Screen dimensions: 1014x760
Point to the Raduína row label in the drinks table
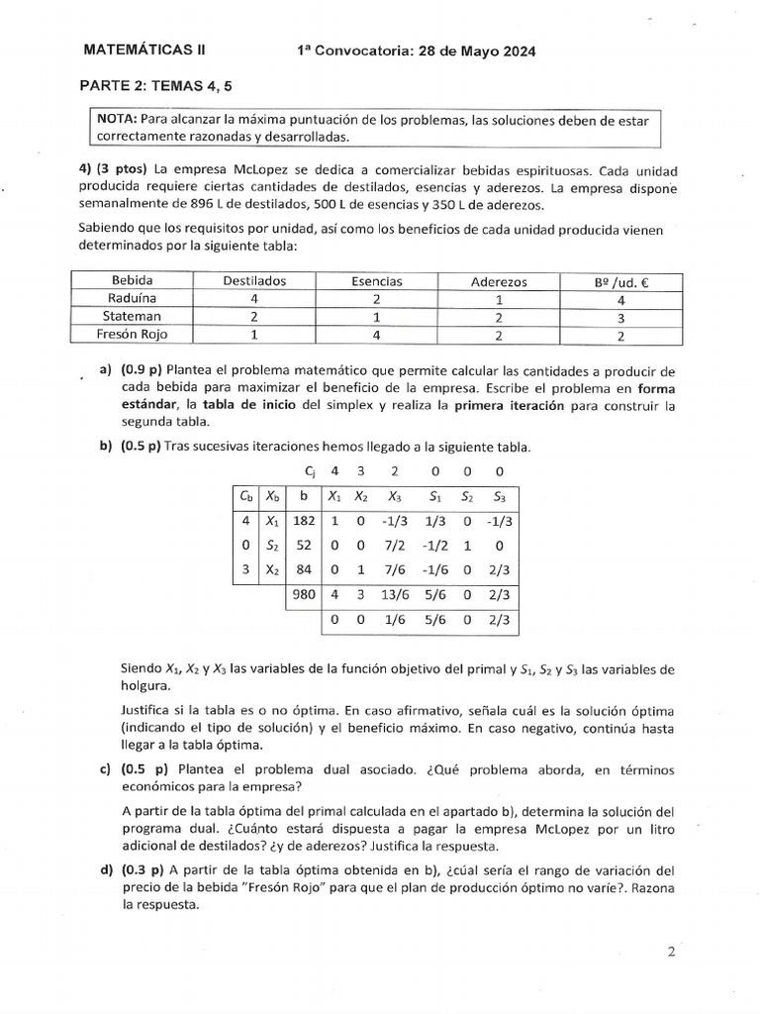point(133,298)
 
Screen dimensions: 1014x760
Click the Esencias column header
point(376,281)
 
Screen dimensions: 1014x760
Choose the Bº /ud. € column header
point(620,281)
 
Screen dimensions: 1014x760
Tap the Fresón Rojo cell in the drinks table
point(133,334)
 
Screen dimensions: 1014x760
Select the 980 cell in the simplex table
point(303,595)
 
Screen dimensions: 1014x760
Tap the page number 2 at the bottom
point(671,953)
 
